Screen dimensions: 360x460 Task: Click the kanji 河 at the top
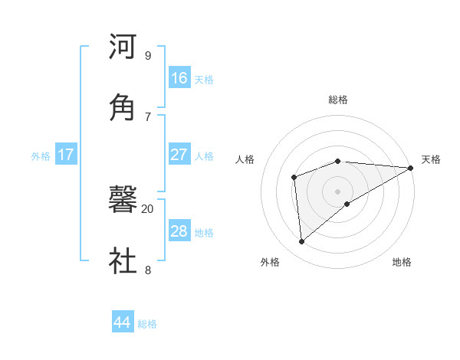[x=123, y=47]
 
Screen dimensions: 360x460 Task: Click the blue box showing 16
[x=179, y=77]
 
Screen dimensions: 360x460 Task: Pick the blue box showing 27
[x=179, y=154]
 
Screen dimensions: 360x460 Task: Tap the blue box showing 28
[x=179, y=231]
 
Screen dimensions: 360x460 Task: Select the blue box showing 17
[x=66, y=154]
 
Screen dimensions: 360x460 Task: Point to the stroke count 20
[x=148, y=208]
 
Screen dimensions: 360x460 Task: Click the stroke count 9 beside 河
[x=148, y=56]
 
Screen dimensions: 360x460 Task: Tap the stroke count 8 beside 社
[x=148, y=269]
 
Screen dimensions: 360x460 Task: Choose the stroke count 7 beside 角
[x=148, y=116]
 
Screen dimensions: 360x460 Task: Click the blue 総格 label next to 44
[x=147, y=324]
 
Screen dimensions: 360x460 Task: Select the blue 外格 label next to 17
[x=41, y=156]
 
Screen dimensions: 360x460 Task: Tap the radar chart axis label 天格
[x=431, y=159]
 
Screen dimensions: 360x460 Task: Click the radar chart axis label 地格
[x=402, y=262]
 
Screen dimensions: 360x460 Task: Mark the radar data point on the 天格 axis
[x=410, y=168]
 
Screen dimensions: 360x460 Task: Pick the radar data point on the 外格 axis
[x=302, y=242]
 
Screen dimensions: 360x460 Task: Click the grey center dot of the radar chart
[x=337, y=191]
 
